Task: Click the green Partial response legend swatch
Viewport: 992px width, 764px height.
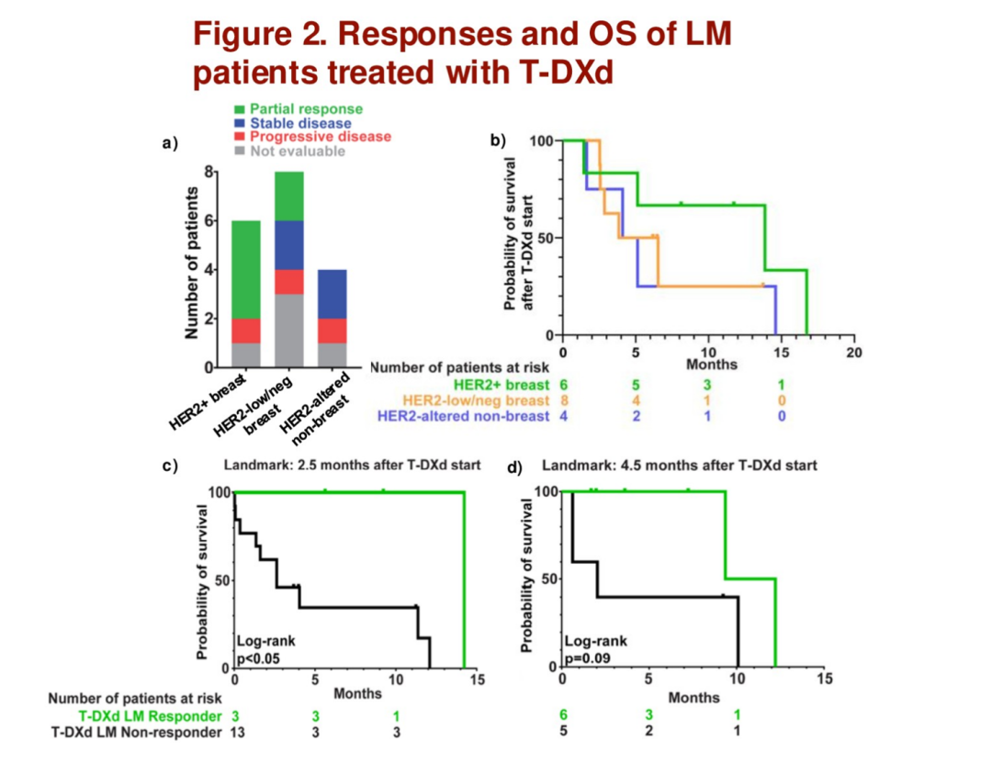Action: pos(241,109)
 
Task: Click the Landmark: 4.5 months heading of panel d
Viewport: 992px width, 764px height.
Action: pos(679,466)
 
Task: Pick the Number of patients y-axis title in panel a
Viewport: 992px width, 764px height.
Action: pos(192,263)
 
